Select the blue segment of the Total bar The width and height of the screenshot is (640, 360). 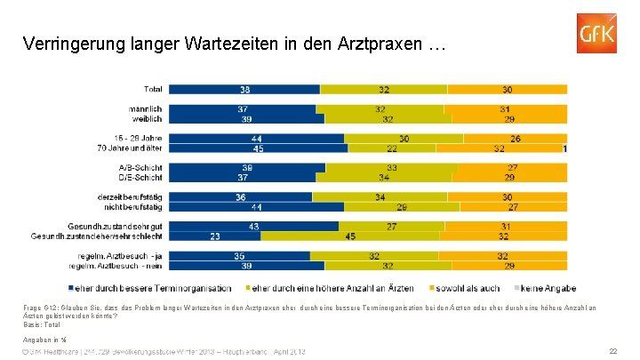(x=244, y=89)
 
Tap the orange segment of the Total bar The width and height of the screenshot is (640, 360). (x=506, y=89)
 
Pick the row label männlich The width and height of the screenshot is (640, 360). (x=145, y=108)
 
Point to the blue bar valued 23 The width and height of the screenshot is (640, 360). (x=215, y=236)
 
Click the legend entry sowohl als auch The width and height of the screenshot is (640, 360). (x=466, y=288)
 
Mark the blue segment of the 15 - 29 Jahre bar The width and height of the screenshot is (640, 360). (x=256, y=138)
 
